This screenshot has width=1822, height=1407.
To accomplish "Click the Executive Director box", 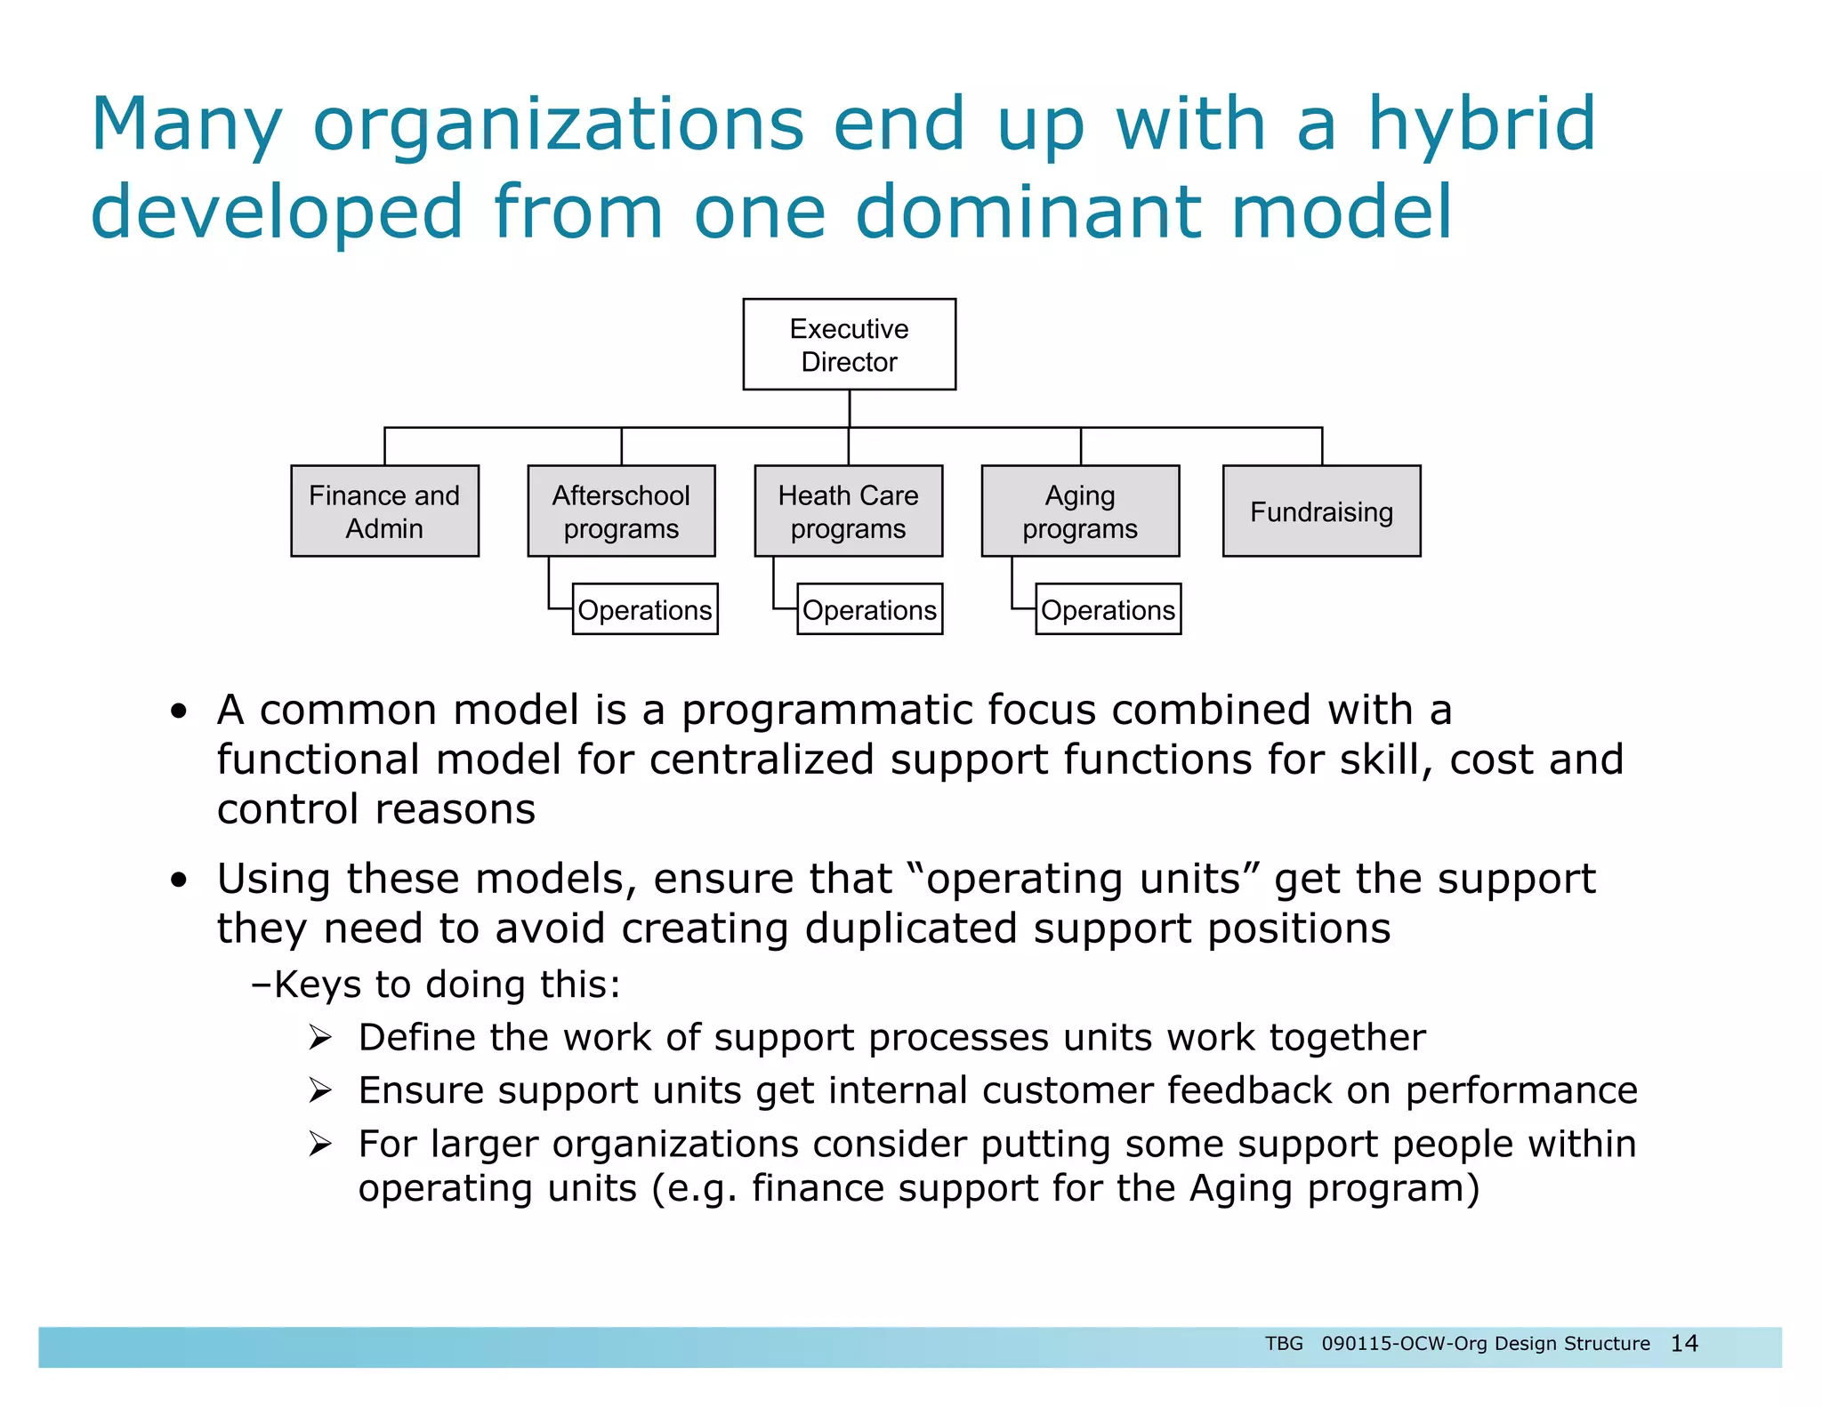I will [849, 344].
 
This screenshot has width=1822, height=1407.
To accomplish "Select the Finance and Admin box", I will [384, 511].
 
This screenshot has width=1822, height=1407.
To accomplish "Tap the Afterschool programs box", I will [621, 511].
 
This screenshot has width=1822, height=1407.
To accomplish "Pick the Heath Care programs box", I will [848, 511].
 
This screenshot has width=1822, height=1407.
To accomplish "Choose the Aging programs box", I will [1080, 511].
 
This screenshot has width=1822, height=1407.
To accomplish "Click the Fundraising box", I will [1321, 511].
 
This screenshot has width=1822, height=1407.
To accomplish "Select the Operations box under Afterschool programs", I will [645, 609].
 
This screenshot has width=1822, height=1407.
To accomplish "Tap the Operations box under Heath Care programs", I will [869, 609].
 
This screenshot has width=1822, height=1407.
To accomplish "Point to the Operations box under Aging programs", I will [1108, 609].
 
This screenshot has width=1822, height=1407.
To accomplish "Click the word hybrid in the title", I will [1481, 125].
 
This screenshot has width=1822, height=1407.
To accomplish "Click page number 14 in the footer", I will [1684, 1343].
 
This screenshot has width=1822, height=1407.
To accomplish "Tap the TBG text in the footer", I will [1284, 1343].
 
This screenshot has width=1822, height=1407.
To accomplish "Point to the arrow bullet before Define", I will [320, 1037].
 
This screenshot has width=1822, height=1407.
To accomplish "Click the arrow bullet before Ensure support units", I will [320, 1090].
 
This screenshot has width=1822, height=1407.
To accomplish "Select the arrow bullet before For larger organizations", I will [320, 1144].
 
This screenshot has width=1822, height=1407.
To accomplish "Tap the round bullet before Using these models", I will [180, 880].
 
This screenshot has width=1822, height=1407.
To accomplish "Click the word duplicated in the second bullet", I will [911, 929].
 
